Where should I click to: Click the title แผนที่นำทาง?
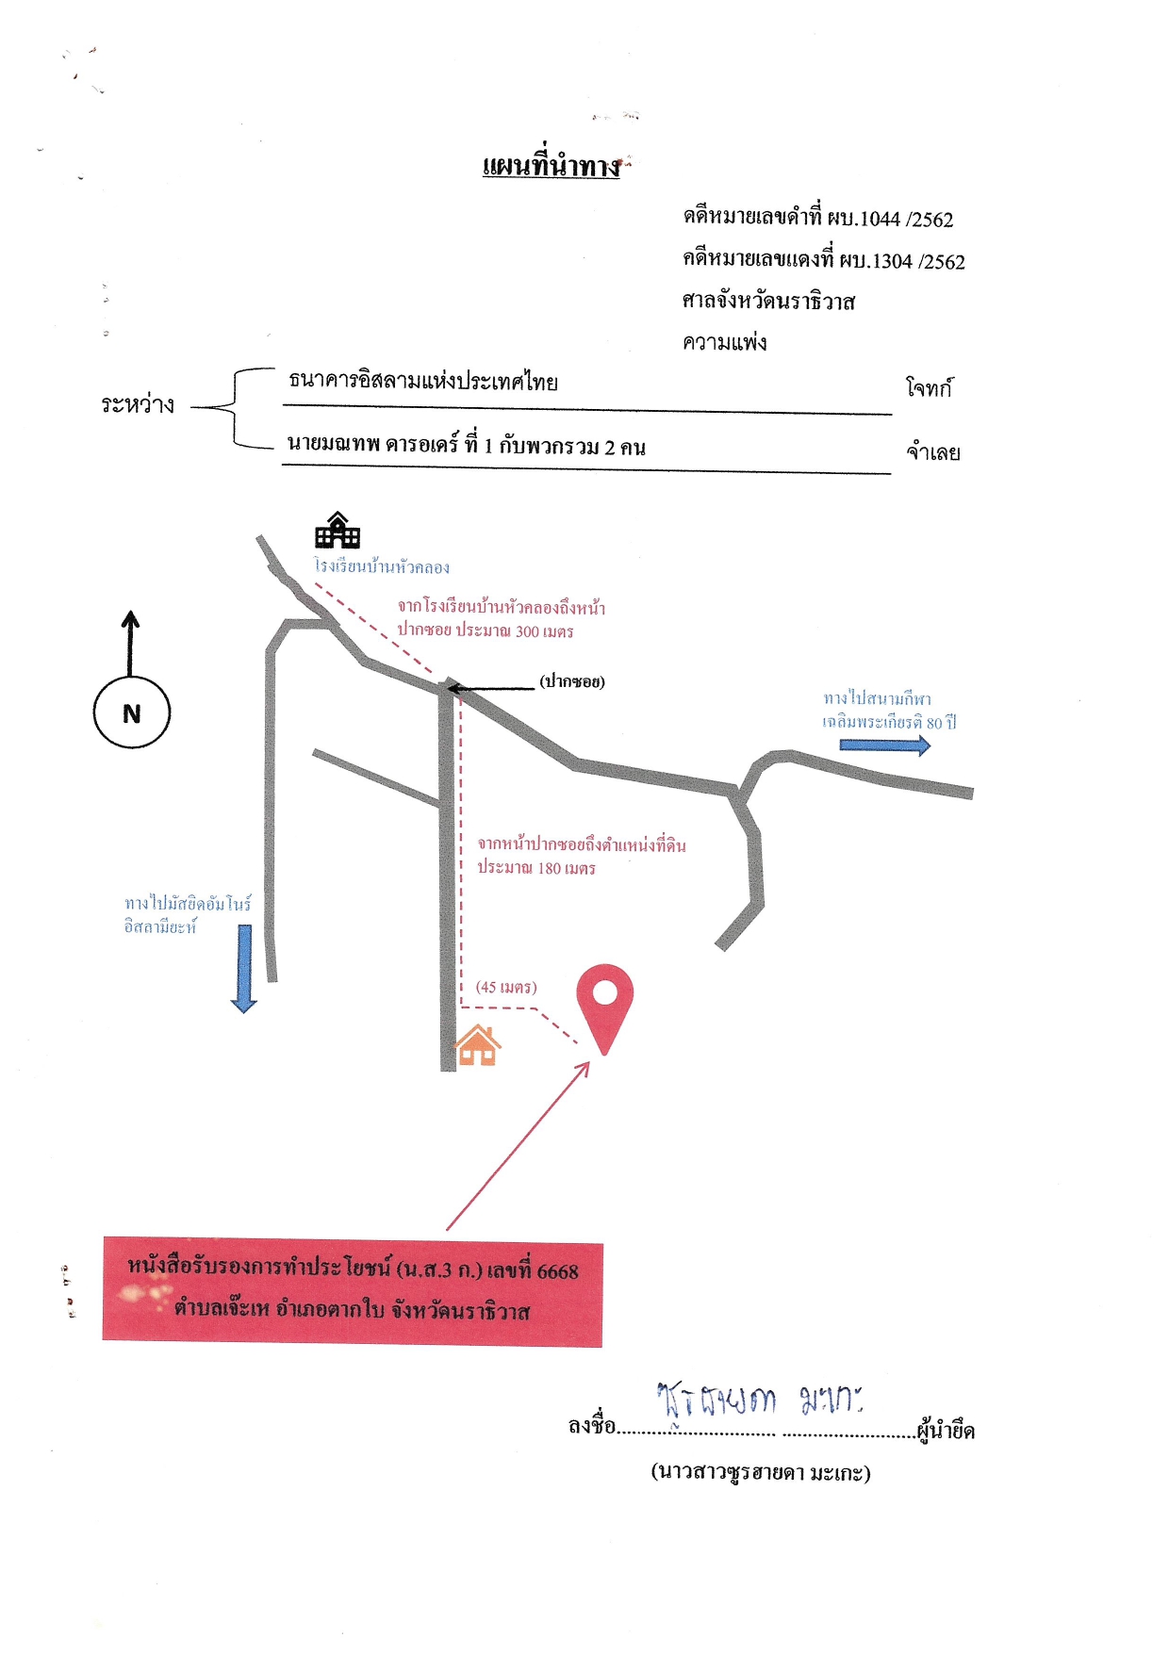coord(552,166)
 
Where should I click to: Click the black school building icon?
coord(338,530)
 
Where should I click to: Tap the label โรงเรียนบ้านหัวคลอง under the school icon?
coord(382,566)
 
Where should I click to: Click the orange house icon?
coord(478,1045)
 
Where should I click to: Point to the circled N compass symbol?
coord(132,712)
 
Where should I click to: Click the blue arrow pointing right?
coord(885,745)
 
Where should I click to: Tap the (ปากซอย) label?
coord(572,681)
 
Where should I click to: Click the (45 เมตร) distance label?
coord(506,987)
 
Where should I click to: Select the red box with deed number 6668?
coord(353,1292)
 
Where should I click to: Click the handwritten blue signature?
coord(760,1400)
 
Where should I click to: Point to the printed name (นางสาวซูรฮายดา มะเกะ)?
coord(761,1472)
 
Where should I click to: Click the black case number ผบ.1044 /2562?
coord(891,219)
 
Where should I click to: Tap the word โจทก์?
coord(930,387)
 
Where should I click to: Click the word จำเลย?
coord(933,452)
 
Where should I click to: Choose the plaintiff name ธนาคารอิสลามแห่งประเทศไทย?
coord(423,381)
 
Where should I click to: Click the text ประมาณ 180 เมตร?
coord(536,868)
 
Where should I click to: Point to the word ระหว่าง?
coord(138,404)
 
